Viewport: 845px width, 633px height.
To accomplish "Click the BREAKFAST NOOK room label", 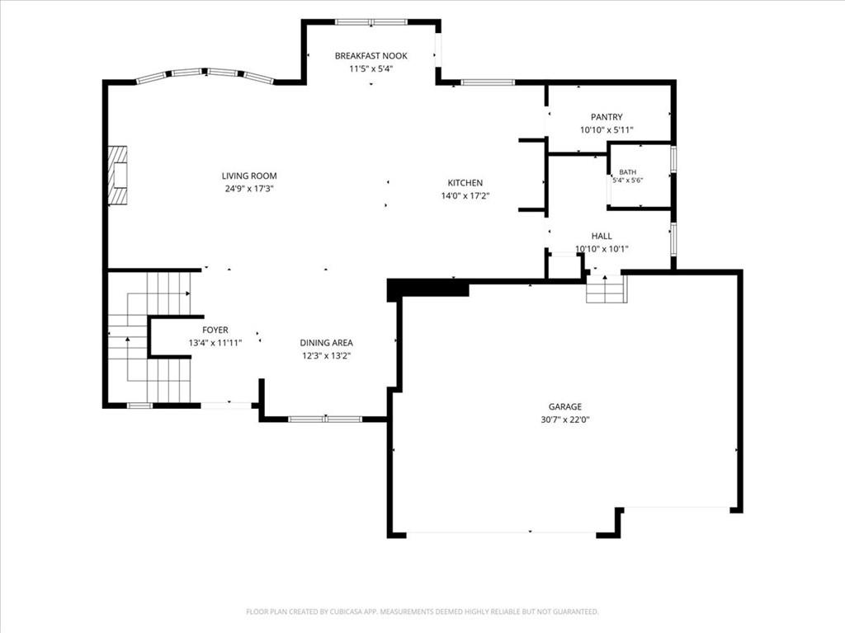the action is (x=371, y=56).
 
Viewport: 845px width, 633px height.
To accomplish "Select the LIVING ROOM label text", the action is (x=249, y=176).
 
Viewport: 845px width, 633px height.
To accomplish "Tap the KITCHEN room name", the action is (x=465, y=183).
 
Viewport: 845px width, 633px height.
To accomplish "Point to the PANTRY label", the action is (x=607, y=117).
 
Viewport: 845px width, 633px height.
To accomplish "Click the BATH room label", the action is (x=627, y=172).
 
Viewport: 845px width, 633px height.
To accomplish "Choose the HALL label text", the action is (x=602, y=237).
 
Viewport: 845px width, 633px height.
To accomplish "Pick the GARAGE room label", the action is (x=565, y=407).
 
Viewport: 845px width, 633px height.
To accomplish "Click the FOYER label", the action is (x=215, y=330).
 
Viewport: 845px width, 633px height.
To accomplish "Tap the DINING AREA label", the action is (x=327, y=343).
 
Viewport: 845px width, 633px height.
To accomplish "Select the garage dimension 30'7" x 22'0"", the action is (x=565, y=420).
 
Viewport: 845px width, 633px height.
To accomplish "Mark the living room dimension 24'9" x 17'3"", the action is (x=249, y=189).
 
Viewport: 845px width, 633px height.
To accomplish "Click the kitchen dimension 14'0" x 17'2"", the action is (x=465, y=196).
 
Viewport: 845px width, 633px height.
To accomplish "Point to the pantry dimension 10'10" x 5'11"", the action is (x=607, y=130).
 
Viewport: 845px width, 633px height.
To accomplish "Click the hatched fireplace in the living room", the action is (x=117, y=175).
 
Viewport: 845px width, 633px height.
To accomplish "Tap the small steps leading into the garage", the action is (x=607, y=289).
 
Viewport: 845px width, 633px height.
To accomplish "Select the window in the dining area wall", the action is (x=325, y=419).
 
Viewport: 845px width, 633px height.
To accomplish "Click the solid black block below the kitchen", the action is (x=428, y=289).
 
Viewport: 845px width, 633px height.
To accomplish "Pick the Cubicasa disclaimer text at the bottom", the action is (x=422, y=612).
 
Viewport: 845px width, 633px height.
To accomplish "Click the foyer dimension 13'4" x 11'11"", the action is (x=215, y=343).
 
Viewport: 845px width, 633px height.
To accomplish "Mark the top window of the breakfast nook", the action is (x=371, y=22).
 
